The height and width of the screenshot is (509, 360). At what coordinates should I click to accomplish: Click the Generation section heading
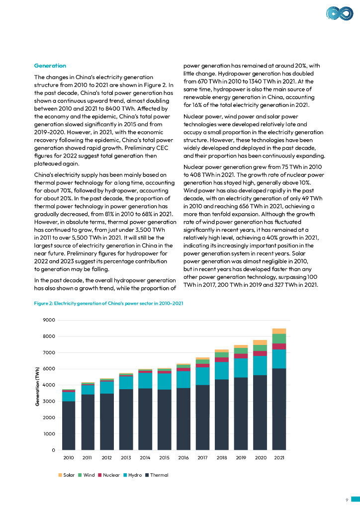coord(50,66)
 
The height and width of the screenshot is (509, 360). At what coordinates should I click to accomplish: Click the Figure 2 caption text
coord(109,303)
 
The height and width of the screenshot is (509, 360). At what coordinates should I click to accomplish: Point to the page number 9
coord(346,500)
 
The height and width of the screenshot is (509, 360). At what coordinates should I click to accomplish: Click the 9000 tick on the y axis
coord(49,320)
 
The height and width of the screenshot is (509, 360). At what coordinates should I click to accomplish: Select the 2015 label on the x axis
coord(164,457)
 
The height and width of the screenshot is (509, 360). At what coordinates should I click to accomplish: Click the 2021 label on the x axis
coord(279,457)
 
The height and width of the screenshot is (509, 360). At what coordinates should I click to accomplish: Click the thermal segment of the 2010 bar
coord(69,425)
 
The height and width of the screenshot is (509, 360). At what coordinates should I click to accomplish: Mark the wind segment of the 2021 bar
coord(279,339)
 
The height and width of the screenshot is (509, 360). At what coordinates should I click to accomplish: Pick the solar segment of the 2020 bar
coord(260,342)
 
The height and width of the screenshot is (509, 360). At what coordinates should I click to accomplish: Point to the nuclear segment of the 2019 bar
coord(241,356)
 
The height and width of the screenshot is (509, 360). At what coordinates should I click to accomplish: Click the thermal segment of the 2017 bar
coord(202,418)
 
